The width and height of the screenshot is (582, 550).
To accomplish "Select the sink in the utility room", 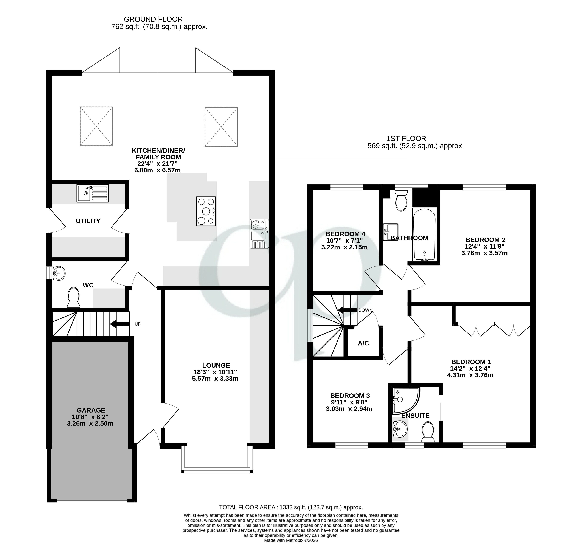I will click(x=92, y=193).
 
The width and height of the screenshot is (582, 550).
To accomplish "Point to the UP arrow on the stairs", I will click(x=120, y=324).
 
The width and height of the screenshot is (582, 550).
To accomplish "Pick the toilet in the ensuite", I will click(x=428, y=432).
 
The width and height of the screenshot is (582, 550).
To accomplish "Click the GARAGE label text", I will click(x=91, y=410).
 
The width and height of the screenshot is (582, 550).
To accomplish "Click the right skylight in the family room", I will click(x=221, y=127).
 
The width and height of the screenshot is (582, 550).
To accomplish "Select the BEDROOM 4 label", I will click(x=345, y=234).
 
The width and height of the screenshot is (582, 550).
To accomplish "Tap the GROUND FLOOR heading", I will click(x=153, y=19).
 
